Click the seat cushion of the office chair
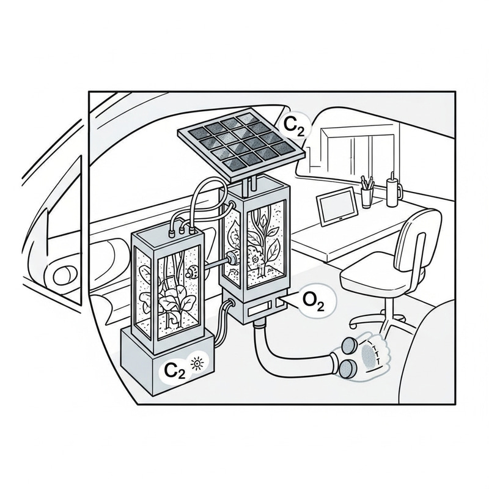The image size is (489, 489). click(373, 282)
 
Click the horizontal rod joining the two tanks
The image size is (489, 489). click(211, 265)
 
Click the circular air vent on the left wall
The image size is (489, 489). click(61, 276)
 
